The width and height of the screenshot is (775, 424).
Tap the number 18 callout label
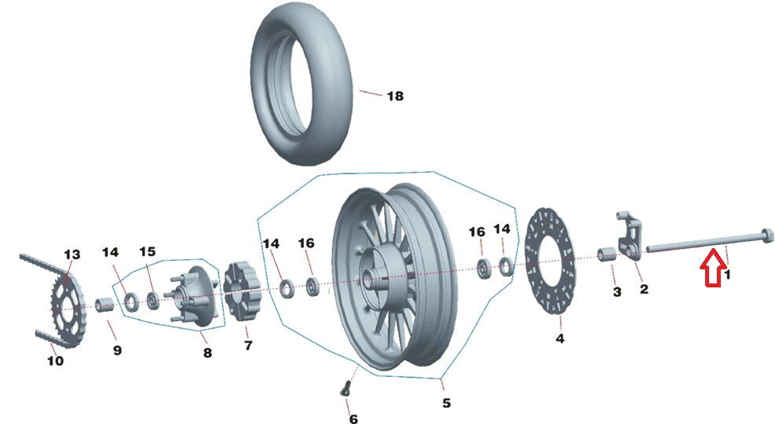394,97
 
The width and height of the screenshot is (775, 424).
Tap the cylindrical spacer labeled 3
607,257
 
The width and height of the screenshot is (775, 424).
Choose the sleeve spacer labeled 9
105,305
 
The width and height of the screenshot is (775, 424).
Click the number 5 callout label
446,403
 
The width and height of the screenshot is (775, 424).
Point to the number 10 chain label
55,361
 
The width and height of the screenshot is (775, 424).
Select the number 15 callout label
148,252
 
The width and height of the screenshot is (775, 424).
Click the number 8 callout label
207,353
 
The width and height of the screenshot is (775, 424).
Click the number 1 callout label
727,275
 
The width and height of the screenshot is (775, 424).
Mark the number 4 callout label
560,339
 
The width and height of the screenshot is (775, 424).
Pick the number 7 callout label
247,345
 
